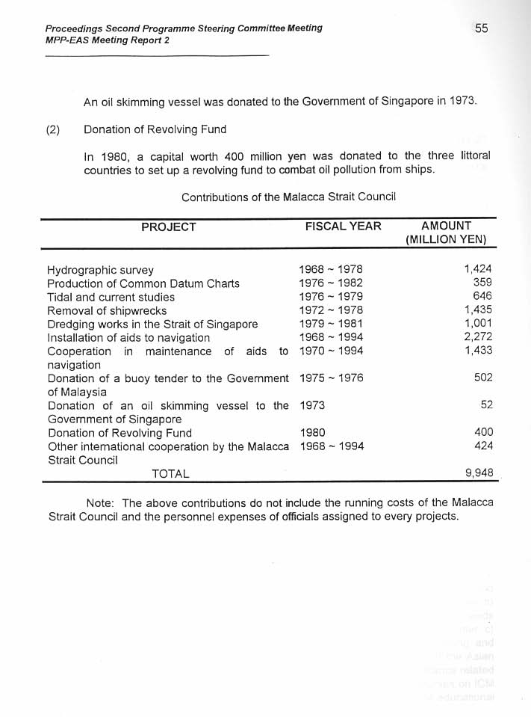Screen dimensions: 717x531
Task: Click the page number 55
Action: [481, 28]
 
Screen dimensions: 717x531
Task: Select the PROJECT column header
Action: [169, 227]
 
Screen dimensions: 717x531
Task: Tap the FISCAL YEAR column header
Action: [343, 227]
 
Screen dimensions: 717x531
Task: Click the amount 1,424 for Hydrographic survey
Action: [478, 269]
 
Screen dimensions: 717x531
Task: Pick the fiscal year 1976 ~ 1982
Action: [331, 283]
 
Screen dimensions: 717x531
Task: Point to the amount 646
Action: [482, 297]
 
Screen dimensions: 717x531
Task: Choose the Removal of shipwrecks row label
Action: [107, 310]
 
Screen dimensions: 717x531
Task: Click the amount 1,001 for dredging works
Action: [478, 324]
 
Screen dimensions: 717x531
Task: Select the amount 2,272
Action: [478, 337]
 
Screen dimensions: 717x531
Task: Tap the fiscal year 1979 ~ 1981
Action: [331, 324]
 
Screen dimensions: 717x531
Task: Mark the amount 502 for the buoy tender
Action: [482, 378]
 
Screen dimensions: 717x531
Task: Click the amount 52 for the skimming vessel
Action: [485, 405]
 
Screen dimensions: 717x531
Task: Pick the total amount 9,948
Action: [478, 473]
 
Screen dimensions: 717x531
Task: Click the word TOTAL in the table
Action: [170, 474]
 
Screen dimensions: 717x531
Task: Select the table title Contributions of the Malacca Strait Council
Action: [288, 197]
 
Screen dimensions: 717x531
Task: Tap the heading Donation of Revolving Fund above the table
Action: [155, 129]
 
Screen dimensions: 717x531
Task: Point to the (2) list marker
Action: [53, 129]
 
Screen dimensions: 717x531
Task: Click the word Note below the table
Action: [101, 502]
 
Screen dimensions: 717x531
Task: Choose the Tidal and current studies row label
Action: [111, 297]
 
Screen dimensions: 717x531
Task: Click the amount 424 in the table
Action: [482, 446]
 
